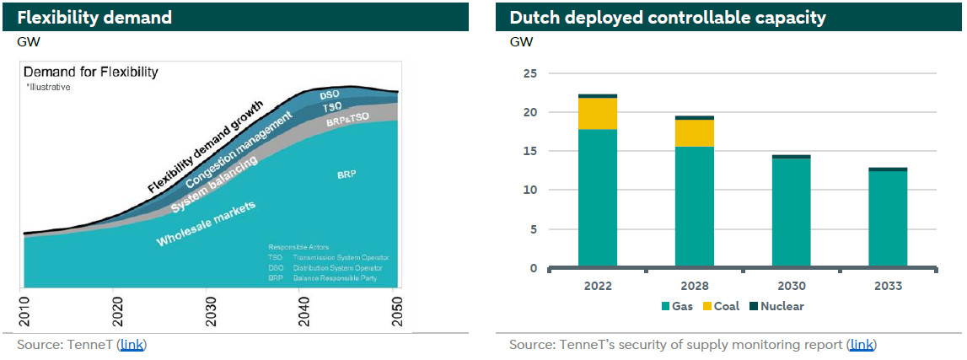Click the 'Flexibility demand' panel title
click(94, 17)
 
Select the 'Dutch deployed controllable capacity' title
click(667, 17)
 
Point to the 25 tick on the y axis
click(530, 73)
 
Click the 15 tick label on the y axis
click(530, 151)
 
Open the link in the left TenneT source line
click(132, 344)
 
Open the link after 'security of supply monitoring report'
click(861, 344)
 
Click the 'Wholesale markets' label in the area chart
click(206, 224)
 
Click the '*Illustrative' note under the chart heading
click(47, 87)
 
